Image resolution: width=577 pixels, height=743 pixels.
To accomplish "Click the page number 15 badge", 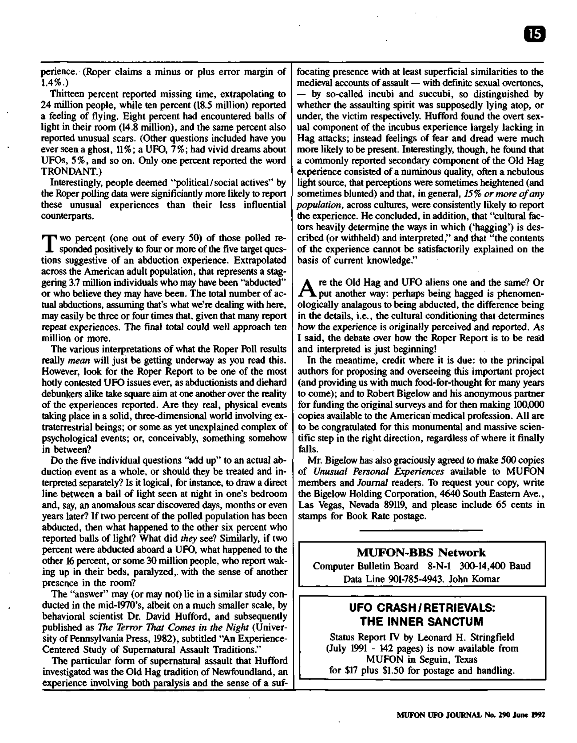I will point(535,34).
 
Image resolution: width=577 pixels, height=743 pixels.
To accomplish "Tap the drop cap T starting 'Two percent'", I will point(49,243).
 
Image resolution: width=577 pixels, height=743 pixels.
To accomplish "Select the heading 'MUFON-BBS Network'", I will point(421,553).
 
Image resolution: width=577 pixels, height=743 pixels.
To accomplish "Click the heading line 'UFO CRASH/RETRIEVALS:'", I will point(422,607).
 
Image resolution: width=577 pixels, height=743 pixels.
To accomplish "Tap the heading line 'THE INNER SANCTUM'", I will point(421,622).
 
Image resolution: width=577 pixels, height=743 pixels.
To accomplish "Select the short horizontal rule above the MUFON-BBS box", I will point(420,530).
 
